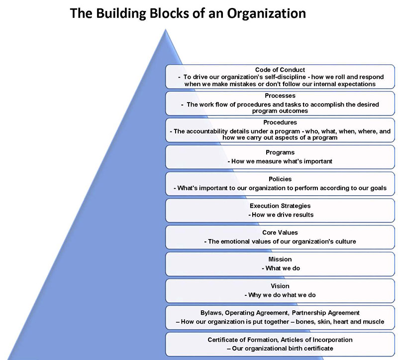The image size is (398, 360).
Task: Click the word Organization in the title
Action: tap(266, 13)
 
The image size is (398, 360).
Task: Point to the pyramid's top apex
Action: tap(166, 29)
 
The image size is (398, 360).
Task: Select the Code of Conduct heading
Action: tap(280, 70)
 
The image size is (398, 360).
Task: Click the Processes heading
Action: tap(280, 96)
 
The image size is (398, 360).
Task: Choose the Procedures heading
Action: tap(280, 122)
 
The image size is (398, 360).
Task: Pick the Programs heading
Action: tap(280, 152)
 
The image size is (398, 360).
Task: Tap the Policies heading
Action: tap(280, 179)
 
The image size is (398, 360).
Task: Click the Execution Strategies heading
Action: tap(280, 206)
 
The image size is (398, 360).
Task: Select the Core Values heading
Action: tap(280, 233)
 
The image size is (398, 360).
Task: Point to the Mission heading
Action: tap(280, 259)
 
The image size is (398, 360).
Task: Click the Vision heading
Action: tap(280, 286)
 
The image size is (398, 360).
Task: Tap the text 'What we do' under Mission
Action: tap(283, 268)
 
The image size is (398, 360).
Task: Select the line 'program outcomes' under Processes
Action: tap(280, 111)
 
